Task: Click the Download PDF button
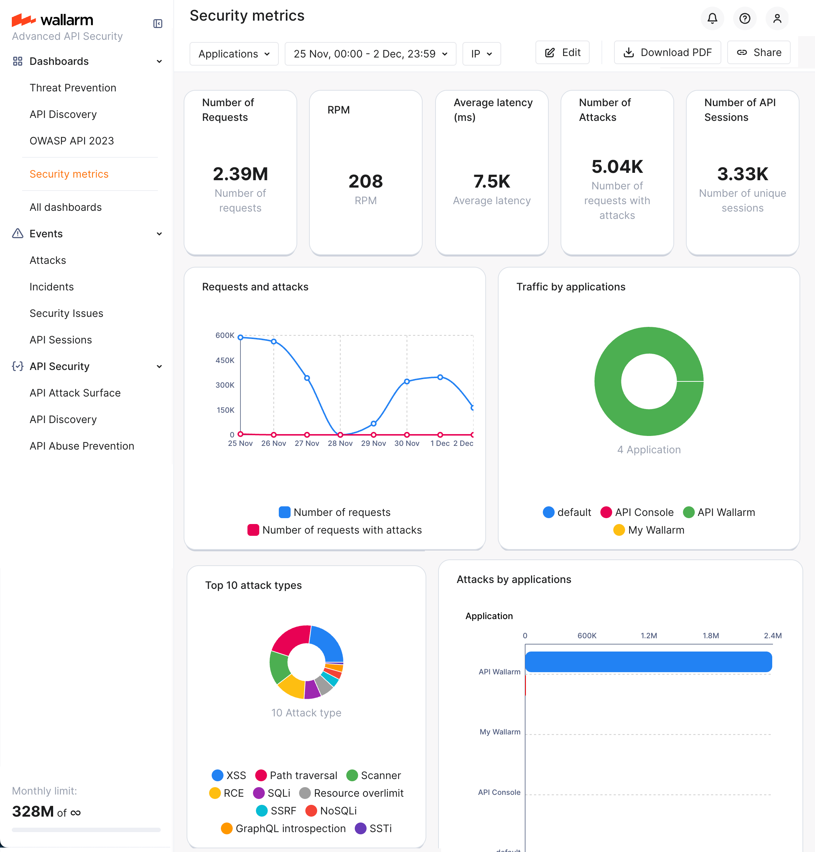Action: pyautogui.click(x=667, y=53)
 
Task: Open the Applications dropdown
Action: pyautogui.click(x=234, y=54)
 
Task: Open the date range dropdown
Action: pyautogui.click(x=370, y=54)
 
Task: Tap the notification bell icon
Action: pyautogui.click(x=712, y=18)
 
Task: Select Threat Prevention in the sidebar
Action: pyautogui.click(x=73, y=88)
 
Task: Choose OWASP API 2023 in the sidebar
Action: pyautogui.click(x=72, y=141)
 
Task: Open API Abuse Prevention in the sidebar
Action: pyautogui.click(x=81, y=446)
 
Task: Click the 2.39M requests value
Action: pyautogui.click(x=240, y=174)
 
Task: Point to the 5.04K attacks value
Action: pyautogui.click(x=617, y=167)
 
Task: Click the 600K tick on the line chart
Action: pyautogui.click(x=225, y=335)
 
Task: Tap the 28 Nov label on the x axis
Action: pyautogui.click(x=340, y=443)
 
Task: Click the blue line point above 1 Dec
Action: pyautogui.click(x=440, y=377)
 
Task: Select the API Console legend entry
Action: pyautogui.click(x=637, y=512)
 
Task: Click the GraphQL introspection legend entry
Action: pyautogui.click(x=283, y=828)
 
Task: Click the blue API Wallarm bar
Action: pyautogui.click(x=648, y=662)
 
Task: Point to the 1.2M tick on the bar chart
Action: pyautogui.click(x=649, y=635)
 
